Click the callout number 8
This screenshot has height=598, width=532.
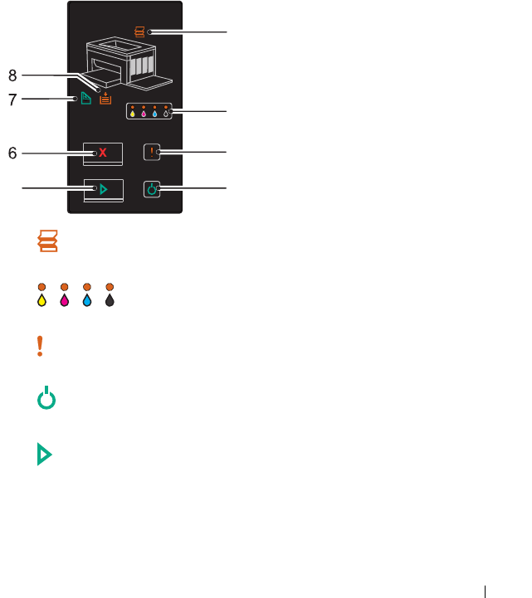12,75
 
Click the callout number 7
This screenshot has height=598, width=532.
12,100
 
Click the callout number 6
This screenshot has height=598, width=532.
12,153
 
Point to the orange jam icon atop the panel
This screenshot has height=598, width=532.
139,32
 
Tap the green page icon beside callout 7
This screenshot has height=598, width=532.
85,99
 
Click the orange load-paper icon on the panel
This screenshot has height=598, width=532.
105,99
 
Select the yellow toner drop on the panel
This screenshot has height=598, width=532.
133,114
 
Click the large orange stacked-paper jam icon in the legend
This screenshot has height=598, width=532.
48,241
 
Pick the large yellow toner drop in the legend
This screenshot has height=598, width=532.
41,299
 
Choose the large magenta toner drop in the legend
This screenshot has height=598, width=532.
64,299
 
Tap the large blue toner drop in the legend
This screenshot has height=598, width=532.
86,299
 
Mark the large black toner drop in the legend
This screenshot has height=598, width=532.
110,299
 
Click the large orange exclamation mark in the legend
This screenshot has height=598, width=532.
39,347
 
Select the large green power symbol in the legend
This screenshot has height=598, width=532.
48,401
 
